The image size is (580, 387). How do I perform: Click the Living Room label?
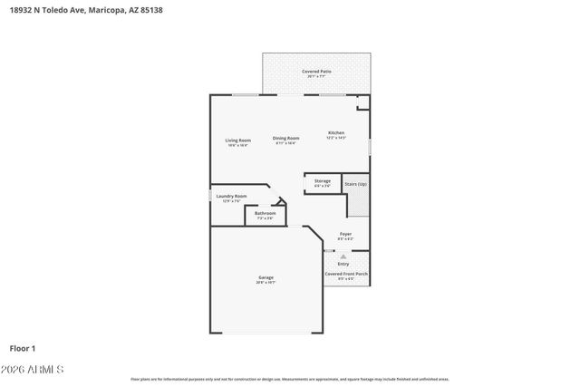(x=237, y=140)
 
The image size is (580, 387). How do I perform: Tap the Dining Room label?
(x=286, y=139)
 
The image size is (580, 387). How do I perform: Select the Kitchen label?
(x=336, y=133)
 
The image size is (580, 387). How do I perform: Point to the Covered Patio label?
(x=316, y=71)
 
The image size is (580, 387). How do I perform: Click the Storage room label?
(x=323, y=181)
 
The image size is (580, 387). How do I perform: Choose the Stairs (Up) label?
(x=356, y=183)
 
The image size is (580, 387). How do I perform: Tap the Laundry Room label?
(x=231, y=196)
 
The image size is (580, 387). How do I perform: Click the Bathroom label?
(x=265, y=214)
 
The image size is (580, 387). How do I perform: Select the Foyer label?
(x=345, y=234)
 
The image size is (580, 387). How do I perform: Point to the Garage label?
(x=266, y=277)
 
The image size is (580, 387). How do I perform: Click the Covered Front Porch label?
(x=346, y=274)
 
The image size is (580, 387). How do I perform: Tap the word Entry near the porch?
(x=343, y=264)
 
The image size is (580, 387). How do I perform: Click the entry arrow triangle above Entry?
(x=343, y=256)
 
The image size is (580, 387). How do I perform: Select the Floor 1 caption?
(x=23, y=347)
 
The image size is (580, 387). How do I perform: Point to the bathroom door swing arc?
(x=280, y=200)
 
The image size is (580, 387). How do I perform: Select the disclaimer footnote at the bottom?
(x=289, y=379)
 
